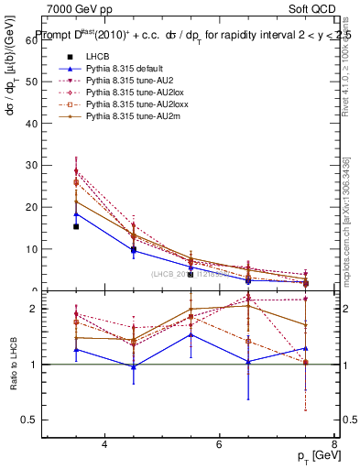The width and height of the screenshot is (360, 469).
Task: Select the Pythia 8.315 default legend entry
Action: (118, 70)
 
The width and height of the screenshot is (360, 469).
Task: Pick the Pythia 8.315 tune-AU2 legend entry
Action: (120, 82)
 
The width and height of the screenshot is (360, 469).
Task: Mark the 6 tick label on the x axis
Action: (219, 444)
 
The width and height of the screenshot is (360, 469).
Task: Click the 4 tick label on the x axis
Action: (104, 444)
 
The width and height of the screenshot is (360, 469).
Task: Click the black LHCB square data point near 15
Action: (76, 226)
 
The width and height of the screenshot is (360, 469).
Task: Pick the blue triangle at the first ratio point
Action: (76, 349)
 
